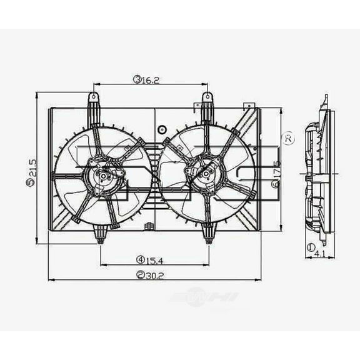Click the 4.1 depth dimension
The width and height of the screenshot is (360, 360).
(318, 254)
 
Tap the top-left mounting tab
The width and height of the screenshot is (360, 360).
(93, 100)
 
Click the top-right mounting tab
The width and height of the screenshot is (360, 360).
(207, 100)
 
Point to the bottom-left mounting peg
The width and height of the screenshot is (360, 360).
(100, 234)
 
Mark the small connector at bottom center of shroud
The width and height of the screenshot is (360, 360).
(147, 226)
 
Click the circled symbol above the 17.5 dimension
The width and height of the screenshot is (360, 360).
(287, 138)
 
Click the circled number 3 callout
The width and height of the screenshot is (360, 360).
(136, 79)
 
